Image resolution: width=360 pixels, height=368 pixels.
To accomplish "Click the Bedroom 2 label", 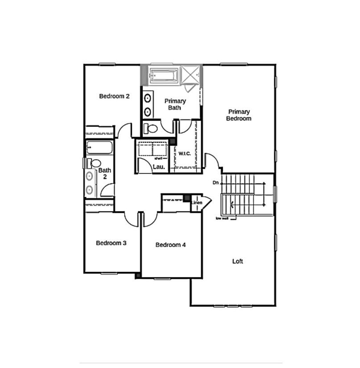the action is coord(114,96).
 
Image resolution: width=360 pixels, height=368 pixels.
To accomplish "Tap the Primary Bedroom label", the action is coord(239,115).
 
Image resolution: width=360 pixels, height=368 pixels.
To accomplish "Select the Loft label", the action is coord(238,261).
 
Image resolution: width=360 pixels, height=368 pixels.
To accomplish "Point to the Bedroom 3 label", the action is coord(111,243).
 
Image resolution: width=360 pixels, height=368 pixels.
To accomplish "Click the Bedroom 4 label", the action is coord(171,245).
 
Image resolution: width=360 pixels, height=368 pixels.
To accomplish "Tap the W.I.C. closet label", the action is coord(185,154).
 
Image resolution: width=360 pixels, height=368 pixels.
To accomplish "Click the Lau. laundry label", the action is coord(159,167).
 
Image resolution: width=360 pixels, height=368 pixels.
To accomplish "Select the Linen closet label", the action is coord(197,202).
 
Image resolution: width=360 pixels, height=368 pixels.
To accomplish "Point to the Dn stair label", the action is coord(216,182).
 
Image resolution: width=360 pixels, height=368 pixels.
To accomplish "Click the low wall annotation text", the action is coord(222,219).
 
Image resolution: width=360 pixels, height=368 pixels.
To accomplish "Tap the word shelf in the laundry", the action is coord(158,159).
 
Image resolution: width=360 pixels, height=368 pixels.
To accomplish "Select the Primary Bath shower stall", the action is coord(191,75).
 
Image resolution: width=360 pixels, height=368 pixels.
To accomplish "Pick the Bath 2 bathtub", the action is coord(99,148).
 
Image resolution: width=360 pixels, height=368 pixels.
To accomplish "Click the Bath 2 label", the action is coord(105,173).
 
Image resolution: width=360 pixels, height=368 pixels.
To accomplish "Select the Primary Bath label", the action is coord(175,104).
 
